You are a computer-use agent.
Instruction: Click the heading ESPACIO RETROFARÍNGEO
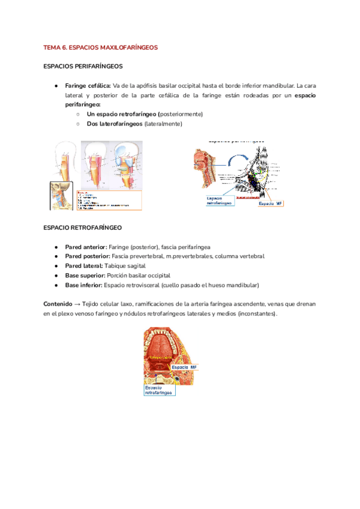click(83, 228)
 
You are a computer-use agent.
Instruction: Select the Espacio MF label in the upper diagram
click(271, 204)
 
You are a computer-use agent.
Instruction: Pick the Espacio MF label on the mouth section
click(185, 367)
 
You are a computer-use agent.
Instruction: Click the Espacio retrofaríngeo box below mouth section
click(159, 391)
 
